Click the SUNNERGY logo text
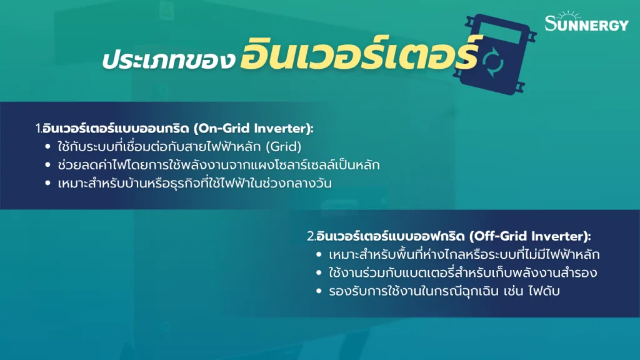tap(586, 25)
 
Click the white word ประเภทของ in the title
tap(168, 60)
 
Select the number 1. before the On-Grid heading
tap(38, 129)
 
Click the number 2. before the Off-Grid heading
tap(311, 237)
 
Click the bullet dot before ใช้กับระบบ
tap(48, 148)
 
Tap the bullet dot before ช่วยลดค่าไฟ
tap(48, 166)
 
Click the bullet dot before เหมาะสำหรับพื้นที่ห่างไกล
tap(319, 256)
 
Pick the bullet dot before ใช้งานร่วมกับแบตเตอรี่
tap(319, 274)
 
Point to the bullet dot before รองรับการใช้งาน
tap(319, 292)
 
